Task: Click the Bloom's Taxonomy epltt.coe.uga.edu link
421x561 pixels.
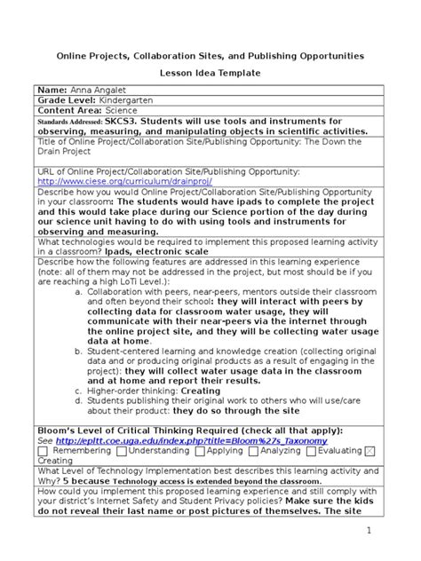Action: tap(191, 440)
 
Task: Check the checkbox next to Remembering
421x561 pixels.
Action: tap(43, 451)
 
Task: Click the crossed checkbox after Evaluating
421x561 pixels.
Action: tap(370, 451)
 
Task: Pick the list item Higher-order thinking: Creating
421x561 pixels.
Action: tap(154, 391)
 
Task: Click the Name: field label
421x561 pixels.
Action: tap(52, 91)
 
